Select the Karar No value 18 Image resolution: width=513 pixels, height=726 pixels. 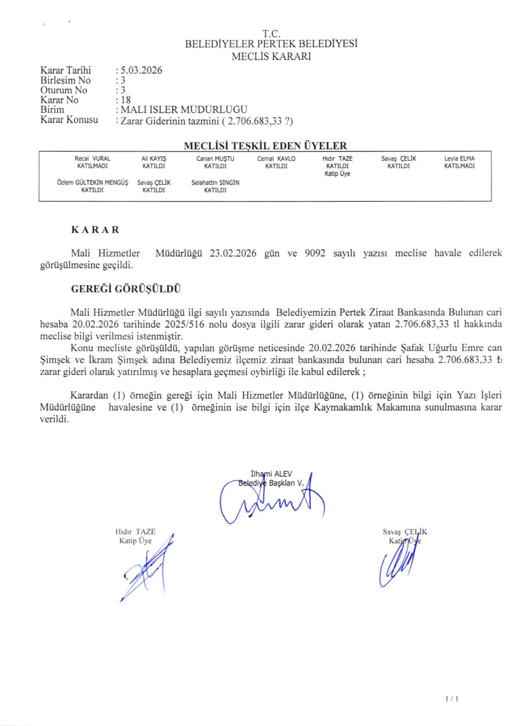[x=126, y=100]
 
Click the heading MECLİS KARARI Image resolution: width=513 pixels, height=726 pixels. [x=271, y=57]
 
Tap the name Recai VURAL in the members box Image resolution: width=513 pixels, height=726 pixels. [x=92, y=158]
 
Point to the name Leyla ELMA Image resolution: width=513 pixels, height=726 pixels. [x=459, y=158]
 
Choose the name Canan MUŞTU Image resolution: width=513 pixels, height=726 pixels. [x=215, y=158]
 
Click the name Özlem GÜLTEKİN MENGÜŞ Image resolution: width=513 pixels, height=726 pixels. [x=92, y=182]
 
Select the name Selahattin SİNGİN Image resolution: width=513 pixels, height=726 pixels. [x=215, y=182]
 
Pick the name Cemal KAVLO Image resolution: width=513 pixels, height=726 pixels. [x=276, y=158]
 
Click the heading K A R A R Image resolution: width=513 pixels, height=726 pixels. [x=95, y=230]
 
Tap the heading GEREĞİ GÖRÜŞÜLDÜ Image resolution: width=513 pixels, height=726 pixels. [x=126, y=289]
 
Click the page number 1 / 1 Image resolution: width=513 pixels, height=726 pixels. [x=452, y=699]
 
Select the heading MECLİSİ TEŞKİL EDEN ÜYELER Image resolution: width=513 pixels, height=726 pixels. [x=265, y=146]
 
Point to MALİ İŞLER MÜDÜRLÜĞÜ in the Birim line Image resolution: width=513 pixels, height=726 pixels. [x=184, y=110]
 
